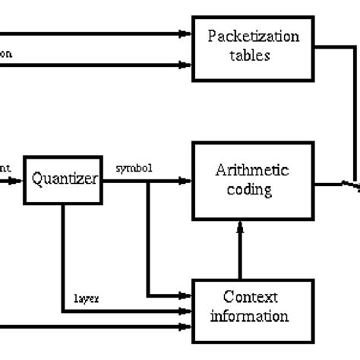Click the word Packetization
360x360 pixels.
point(253,36)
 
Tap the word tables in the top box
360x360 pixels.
point(253,55)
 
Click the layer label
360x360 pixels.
point(84,298)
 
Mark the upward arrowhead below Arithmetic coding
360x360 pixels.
point(241,226)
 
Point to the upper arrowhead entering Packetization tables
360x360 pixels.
point(185,33)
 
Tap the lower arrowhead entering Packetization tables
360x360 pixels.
point(185,65)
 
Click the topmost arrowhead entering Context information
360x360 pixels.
point(185,294)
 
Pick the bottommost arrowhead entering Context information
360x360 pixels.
point(185,328)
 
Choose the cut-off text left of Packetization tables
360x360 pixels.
point(6,54)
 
